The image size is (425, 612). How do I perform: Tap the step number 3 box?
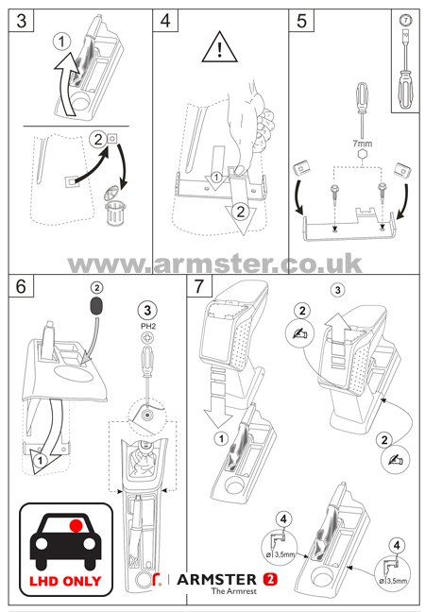[x=22, y=20]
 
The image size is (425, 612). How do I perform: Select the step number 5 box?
[x=301, y=20]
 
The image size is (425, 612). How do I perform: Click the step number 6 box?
[x=21, y=285]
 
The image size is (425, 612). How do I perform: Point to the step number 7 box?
[x=199, y=285]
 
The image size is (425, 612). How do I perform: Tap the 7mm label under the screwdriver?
[x=362, y=144]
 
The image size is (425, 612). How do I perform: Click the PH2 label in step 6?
[x=148, y=326]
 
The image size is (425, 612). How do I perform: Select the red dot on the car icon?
[x=76, y=526]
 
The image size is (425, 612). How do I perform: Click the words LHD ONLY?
[x=65, y=581]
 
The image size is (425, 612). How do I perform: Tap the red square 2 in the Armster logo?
[x=270, y=579]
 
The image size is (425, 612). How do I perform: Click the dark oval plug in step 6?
[x=96, y=306]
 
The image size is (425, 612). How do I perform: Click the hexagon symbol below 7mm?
[x=362, y=154]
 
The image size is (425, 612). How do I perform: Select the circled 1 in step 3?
[x=61, y=42]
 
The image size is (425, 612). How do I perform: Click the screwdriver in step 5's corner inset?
[x=405, y=68]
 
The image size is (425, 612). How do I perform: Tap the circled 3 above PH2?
[x=147, y=311]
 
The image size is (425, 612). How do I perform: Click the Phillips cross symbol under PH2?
[x=147, y=337]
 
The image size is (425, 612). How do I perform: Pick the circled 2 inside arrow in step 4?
[x=241, y=212]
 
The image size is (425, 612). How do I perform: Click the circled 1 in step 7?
[x=221, y=439]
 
